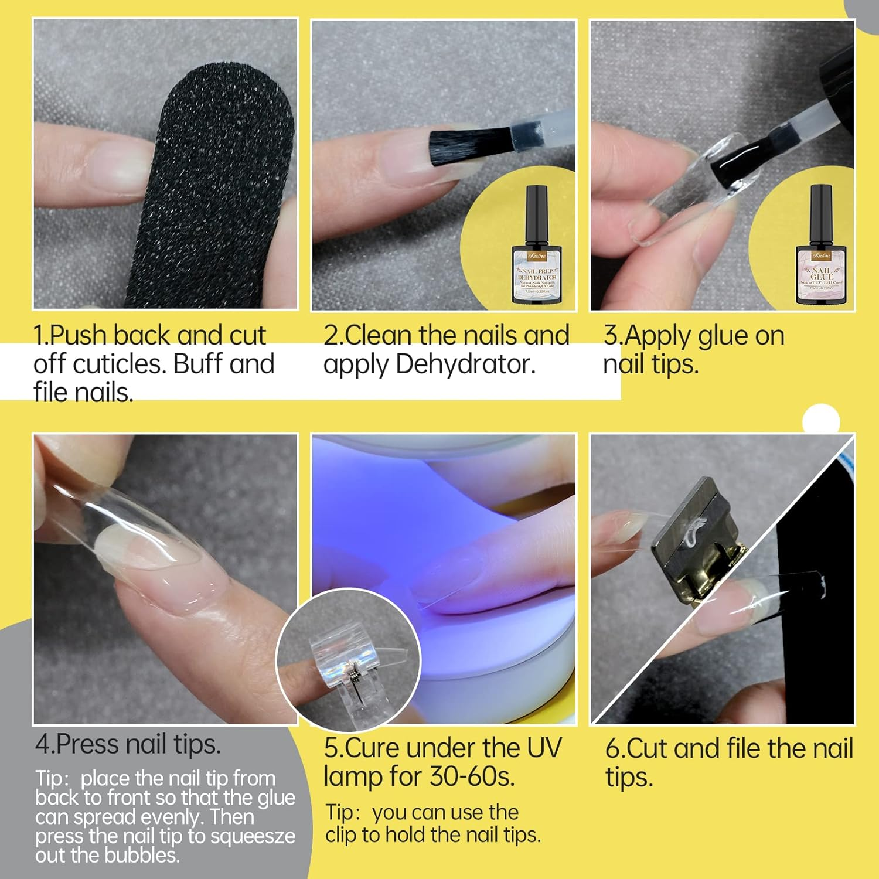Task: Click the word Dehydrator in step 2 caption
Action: [x=465, y=364]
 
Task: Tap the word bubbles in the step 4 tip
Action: [x=143, y=856]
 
